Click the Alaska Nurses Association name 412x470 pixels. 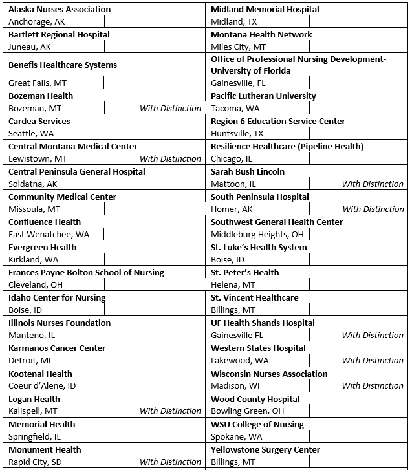[60, 10]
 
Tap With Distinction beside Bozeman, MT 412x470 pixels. [170, 109]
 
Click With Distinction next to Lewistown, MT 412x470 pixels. [170, 159]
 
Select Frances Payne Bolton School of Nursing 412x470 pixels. [86, 273]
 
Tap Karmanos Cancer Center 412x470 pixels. [57, 348]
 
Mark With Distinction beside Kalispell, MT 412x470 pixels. [170, 411]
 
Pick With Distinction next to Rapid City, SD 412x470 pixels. [170, 462]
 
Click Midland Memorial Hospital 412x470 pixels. [265, 10]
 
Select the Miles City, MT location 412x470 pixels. [239, 47]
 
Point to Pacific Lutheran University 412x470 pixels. [263, 96]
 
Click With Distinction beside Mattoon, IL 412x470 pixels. [373, 184]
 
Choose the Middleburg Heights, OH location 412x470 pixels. [257, 235]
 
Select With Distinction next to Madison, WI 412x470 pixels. [373, 386]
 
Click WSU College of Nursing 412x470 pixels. [257, 425]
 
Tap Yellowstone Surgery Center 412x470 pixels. [265, 450]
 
